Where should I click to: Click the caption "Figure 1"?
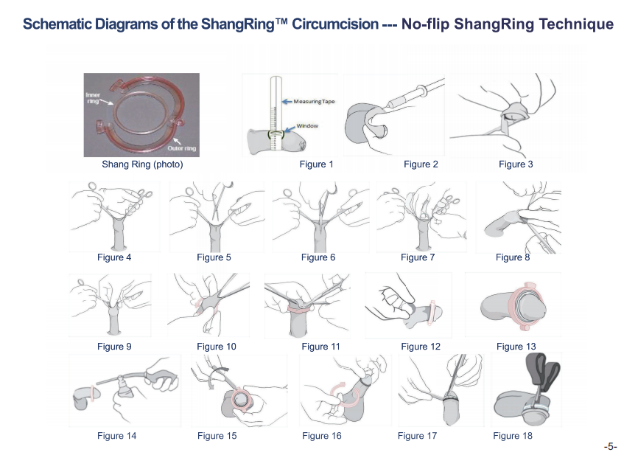pos(317,164)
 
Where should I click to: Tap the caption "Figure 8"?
pos(513,257)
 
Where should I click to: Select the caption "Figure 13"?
pos(516,347)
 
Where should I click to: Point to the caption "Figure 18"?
pos(512,436)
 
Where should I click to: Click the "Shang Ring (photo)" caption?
pos(142,164)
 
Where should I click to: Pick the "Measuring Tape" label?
pos(314,101)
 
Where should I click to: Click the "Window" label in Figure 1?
pos(307,126)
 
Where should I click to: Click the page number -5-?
pos(609,447)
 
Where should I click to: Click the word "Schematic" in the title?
pos(58,24)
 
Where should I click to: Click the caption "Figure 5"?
pos(214,257)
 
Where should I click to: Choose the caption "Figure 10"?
pos(217,347)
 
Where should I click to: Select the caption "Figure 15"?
pos(217,436)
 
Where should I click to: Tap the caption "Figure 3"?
pos(516,164)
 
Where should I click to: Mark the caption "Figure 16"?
pos(321,436)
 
